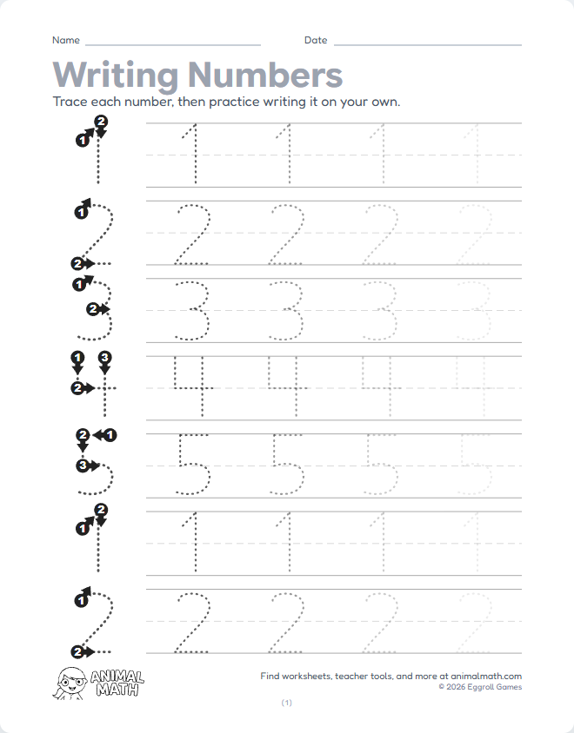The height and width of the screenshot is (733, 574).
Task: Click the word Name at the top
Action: (66, 40)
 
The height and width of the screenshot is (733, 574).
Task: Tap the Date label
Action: (315, 40)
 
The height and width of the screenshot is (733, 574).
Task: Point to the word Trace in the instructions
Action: (70, 102)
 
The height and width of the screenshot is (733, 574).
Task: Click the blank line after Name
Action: (173, 43)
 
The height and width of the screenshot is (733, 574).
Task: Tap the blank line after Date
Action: (427, 43)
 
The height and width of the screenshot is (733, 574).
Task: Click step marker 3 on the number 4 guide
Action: (104, 357)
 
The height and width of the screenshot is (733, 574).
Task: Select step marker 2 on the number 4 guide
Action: (77, 388)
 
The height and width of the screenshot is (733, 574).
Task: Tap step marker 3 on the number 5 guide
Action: (83, 466)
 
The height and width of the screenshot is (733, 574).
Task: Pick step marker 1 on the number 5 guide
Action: (110, 434)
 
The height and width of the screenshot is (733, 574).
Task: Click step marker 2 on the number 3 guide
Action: (93, 308)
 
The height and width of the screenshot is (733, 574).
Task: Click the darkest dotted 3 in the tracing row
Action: (192, 310)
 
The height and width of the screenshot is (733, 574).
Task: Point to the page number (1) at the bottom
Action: (287, 703)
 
